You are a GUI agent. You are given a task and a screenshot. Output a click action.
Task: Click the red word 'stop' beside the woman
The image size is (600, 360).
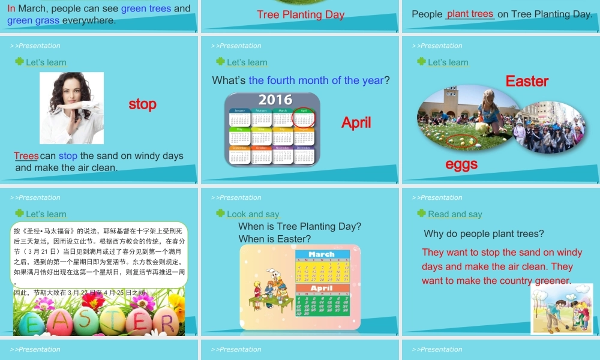(x=142, y=104)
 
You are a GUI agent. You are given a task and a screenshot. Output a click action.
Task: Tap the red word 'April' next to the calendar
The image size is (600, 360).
(x=356, y=122)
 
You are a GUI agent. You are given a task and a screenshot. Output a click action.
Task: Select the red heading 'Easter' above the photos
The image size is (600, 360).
(x=527, y=81)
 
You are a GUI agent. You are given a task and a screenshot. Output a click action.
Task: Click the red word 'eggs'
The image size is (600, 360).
(x=461, y=164)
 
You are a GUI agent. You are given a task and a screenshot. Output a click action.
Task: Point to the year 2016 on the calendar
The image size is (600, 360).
(x=275, y=100)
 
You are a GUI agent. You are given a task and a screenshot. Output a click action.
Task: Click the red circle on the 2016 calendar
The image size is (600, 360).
(x=304, y=118)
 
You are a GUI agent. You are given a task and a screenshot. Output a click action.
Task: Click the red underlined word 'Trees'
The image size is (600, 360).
(x=26, y=156)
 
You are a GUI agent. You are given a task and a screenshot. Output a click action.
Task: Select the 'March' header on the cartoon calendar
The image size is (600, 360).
(x=322, y=254)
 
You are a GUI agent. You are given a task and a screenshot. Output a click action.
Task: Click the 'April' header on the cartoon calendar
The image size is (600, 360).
(x=322, y=289)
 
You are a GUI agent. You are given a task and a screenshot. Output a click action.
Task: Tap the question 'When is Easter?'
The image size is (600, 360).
(x=275, y=239)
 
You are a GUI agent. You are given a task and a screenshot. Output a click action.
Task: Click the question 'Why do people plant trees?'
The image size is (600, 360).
(x=484, y=233)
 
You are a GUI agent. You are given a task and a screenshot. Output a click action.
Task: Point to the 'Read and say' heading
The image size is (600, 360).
(x=455, y=214)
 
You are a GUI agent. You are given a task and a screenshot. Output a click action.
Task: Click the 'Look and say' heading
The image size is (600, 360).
(x=253, y=214)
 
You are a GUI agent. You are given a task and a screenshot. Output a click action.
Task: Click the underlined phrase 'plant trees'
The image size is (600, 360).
(x=470, y=14)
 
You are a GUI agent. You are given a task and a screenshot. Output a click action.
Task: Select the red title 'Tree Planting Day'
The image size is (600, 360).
(x=301, y=14)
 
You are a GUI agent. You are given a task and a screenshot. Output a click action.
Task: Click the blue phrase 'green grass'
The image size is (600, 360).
(x=34, y=20)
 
